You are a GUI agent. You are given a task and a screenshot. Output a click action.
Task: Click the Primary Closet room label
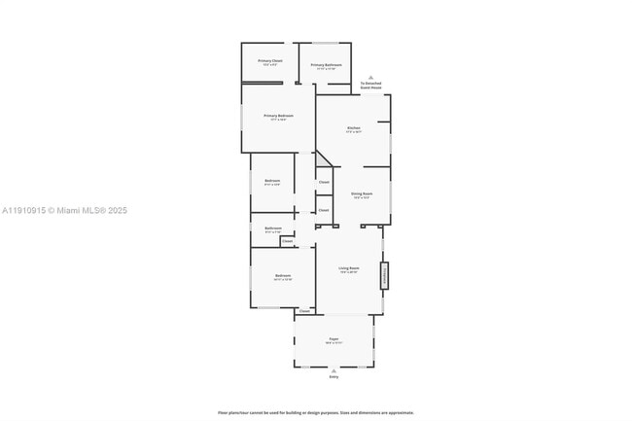pyautogui.click(x=270, y=61)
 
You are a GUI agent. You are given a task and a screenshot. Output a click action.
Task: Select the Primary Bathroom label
pyautogui.click(x=326, y=65)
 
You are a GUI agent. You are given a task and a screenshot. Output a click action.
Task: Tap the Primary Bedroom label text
pyautogui.click(x=278, y=116)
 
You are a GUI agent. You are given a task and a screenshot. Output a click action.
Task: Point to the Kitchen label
pyautogui.click(x=355, y=128)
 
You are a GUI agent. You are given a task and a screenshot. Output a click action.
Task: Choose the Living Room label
pyautogui.click(x=349, y=267)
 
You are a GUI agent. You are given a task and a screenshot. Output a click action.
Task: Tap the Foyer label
pyautogui.click(x=334, y=339)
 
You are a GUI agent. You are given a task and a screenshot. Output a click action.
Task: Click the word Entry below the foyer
pyautogui.click(x=334, y=376)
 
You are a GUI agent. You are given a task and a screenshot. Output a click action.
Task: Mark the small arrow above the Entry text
pyautogui.click(x=334, y=369)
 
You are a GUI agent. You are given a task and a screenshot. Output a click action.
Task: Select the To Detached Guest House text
pyautogui.click(x=370, y=85)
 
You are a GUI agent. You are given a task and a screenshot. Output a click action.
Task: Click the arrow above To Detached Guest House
pyautogui.click(x=370, y=77)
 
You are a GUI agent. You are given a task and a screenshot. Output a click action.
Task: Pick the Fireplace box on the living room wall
pyautogui.click(x=384, y=275)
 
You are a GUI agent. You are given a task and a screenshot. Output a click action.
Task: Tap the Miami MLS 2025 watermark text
pyautogui.click(x=64, y=211)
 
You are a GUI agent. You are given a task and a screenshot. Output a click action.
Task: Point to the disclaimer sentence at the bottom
pyautogui.click(x=315, y=412)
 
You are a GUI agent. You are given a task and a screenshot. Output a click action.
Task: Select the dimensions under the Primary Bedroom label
pyautogui.click(x=278, y=120)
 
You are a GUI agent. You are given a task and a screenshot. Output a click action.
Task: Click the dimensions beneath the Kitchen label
pyautogui.click(x=355, y=132)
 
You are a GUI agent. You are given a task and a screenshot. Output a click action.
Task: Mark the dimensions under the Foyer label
pyautogui.click(x=334, y=343)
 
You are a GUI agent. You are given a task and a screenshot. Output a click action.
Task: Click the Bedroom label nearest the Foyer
pyautogui.click(x=283, y=276)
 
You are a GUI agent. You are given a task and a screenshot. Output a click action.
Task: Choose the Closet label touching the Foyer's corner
pyautogui.click(x=304, y=311)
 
